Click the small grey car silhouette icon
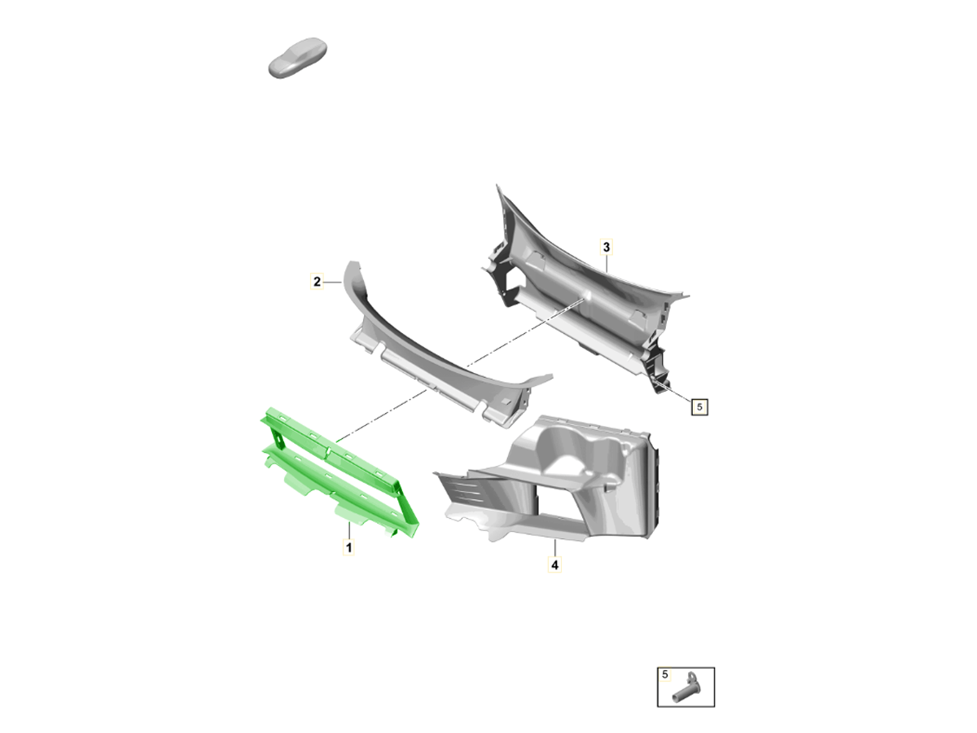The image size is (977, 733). pos(297,58)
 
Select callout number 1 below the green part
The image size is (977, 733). pos(348,547)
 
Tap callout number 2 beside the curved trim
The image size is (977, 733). pos(317,281)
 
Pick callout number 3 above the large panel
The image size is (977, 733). pos(606,247)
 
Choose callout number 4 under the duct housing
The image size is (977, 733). pos(554,564)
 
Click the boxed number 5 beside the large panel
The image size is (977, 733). pos(699,406)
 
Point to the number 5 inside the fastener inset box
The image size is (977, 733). pos(664,674)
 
